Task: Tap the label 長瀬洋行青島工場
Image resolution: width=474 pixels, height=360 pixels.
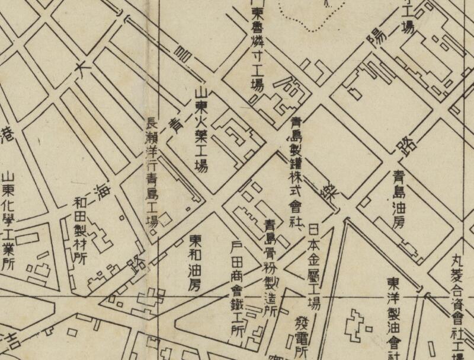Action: click(152, 176)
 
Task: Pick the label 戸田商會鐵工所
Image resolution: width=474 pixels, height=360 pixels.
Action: click(236, 288)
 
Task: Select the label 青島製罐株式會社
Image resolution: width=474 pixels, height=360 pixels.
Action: click(295, 172)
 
